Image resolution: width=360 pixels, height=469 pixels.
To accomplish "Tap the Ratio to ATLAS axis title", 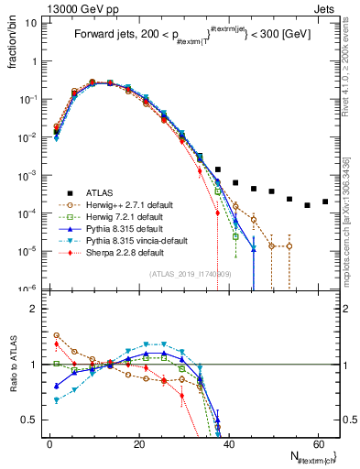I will (12, 364).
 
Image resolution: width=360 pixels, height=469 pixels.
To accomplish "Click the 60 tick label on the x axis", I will (317, 443).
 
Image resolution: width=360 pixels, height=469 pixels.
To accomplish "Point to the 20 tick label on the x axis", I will (138, 443).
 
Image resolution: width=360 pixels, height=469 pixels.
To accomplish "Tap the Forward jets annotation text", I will (192, 36).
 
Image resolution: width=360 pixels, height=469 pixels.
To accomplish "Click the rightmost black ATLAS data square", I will (325, 202).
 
